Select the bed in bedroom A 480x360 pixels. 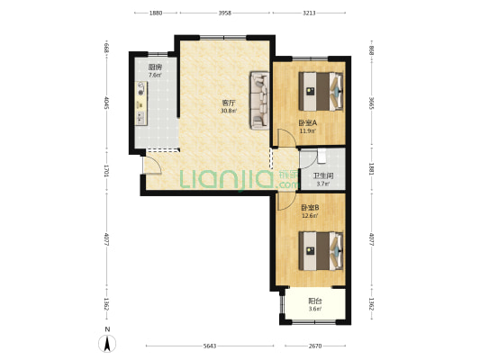[x=321, y=89]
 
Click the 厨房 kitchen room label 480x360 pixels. [x=155, y=71]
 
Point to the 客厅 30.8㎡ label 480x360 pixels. [x=229, y=106]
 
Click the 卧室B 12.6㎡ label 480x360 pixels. [x=311, y=211]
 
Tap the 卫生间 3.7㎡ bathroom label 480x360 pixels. [x=322, y=179]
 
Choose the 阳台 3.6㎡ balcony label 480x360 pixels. [x=313, y=305]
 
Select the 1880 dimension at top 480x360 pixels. [x=155, y=13]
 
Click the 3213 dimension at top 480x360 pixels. [x=310, y=13]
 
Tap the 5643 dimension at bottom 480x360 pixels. [x=208, y=346]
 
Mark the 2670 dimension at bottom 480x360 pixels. [x=314, y=346]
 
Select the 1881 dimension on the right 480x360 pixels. [x=371, y=169]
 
